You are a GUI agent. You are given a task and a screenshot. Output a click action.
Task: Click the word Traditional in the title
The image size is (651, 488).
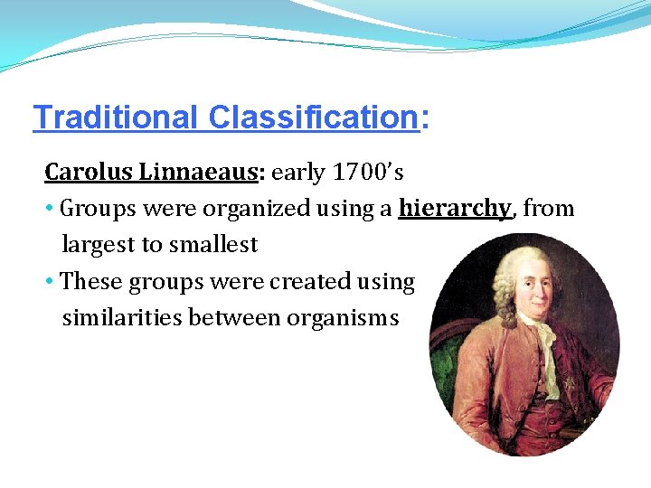pos(115,117)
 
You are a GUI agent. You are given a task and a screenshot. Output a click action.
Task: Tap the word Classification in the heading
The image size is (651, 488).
pos(311,117)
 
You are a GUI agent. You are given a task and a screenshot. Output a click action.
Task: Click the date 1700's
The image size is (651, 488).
pos(369,172)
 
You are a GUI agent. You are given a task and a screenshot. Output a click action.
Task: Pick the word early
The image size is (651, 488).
pos(299,172)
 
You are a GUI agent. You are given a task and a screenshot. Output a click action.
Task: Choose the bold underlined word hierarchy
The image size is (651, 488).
pos(455,209)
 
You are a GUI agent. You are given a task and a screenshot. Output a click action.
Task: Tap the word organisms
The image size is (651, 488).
pos(343,317)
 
